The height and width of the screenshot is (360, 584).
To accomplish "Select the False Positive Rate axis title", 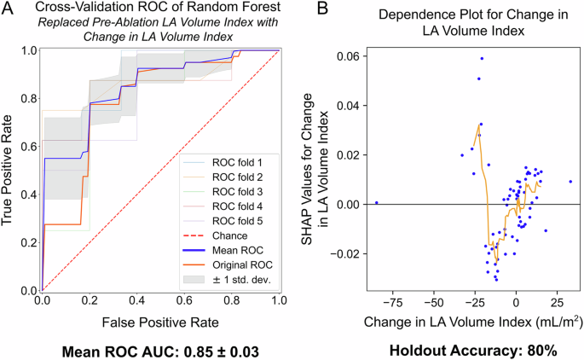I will pos(159,322).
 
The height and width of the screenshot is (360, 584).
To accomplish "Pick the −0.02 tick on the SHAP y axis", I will pos(344,253).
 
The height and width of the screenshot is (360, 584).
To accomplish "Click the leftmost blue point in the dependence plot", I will pos(376,203).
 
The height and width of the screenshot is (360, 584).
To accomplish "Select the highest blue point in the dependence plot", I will pos(482,59).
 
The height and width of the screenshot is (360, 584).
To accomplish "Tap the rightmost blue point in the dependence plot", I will pos(570,181).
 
